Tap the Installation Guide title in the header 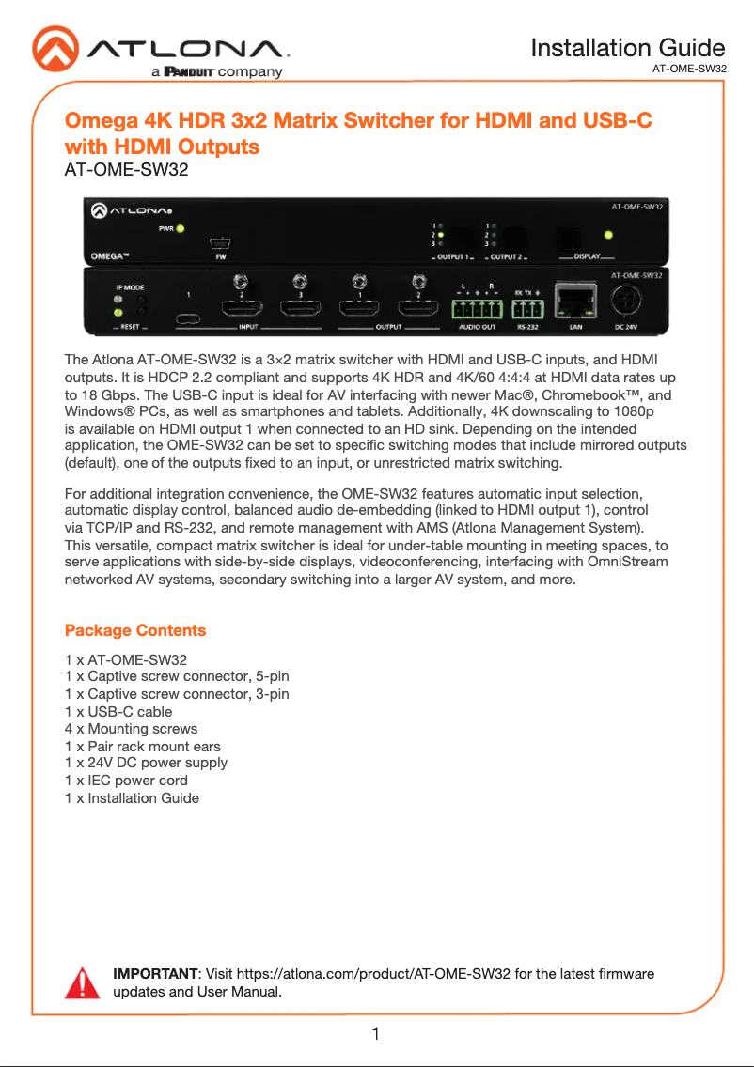tap(627, 47)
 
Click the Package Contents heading tap(135, 629)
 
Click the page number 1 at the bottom tap(376, 1035)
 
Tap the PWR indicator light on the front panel tap(181, 228)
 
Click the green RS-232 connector tap(530, 305)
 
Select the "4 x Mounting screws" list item tap(131, 728)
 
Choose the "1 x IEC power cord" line tap(126, 781)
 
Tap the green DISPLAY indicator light tap(609, 235)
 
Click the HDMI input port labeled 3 tap(300, 308)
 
